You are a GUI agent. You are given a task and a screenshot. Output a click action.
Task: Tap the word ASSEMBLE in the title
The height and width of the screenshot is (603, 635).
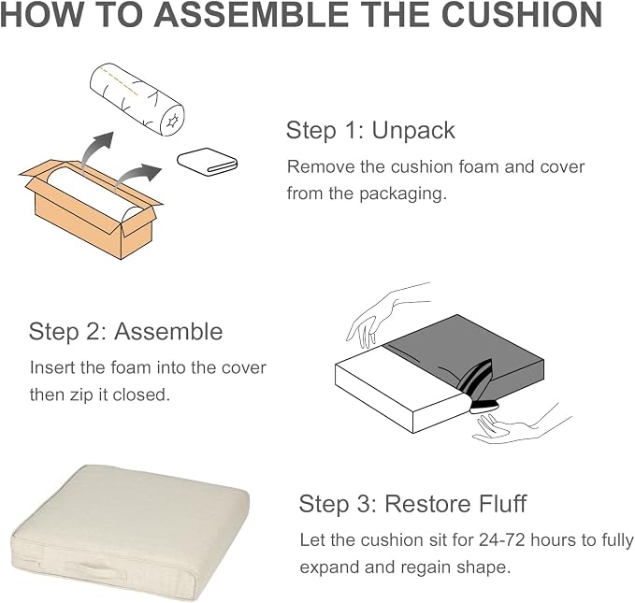click(x=252, y=14)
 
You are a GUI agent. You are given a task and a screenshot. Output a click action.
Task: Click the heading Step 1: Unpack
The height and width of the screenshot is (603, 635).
click(x=370, y=130)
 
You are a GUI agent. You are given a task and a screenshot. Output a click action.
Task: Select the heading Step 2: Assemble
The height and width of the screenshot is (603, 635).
click(x=126, y=331)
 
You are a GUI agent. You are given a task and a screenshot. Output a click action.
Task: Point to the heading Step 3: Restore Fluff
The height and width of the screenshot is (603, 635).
click(x=412, y=504)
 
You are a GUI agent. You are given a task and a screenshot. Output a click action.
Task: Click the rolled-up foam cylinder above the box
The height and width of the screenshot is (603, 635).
click(x=137, y=99)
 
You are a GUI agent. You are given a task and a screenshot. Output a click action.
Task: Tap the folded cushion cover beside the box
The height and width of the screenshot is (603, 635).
click(x=208, y=162)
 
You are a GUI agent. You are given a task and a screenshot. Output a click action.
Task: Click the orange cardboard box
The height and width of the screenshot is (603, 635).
click(x=91, y=209)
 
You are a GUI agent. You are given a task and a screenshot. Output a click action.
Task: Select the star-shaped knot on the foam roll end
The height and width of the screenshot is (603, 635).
click(x=172, y=121)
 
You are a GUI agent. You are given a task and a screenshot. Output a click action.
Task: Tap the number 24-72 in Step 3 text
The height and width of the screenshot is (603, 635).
click(x=502, y=539)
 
